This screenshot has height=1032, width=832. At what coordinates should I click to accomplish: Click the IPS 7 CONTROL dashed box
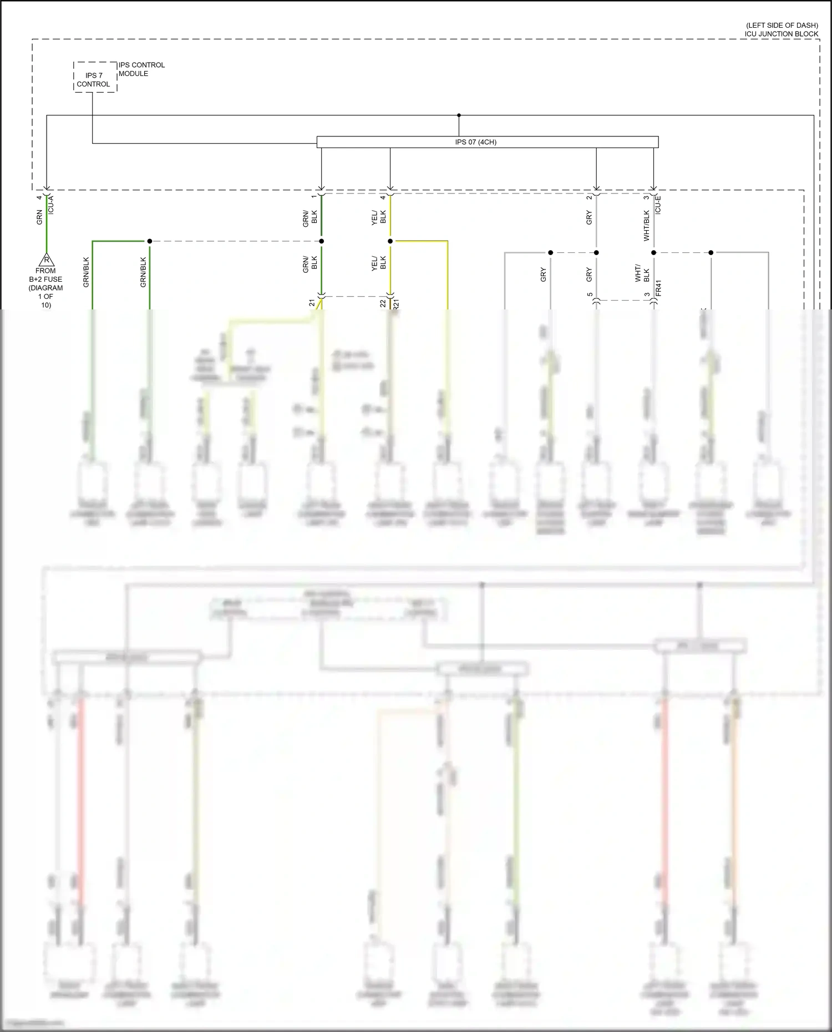pyautogui.click(x=95, y=78)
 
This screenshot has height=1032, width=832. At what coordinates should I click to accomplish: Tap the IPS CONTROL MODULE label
pyautogui.click(x=141, y=69)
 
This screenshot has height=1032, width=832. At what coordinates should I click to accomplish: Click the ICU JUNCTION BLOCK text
pyautogui.click(x=781, y=34)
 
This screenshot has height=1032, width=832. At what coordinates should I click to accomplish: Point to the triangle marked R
pyautogui.click(x=47, y=260)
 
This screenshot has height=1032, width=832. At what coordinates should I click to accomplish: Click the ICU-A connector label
pyautogui.click(x=51, y=205)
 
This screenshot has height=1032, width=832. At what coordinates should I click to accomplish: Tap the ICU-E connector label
pyautogui.click(x=658, y=205)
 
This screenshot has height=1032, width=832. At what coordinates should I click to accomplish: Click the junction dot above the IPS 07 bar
pyautogui.click(x=459, y=115)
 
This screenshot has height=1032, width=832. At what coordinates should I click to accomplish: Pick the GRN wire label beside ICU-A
pyautogui.click(x=39, y=217)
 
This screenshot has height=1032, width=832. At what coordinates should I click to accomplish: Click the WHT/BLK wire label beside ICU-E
pyautogui.click(x=646, y=225)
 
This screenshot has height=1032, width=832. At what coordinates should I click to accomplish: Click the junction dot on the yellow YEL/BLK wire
pyautogui.click(x=390, y=241)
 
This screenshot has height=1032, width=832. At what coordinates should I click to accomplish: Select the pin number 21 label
pyautogui.click(x=312, y=303)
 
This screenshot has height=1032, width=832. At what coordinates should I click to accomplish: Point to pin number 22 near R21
pyautogui.click(x=383, y=303)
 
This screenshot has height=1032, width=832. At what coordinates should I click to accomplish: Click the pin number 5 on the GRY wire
pyautogui.click(x=590, y=294)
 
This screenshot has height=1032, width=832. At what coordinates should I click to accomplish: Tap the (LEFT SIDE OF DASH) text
pyautogui.click(x=782, y=26)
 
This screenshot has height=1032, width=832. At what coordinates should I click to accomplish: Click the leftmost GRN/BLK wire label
pyautogui.click(x=86, y=272)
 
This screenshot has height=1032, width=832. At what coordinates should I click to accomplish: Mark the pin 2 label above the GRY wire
pyautogui.click(x=589, y=197)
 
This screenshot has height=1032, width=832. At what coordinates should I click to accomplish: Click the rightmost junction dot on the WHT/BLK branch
pyautogui.click(x=711, y=252)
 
